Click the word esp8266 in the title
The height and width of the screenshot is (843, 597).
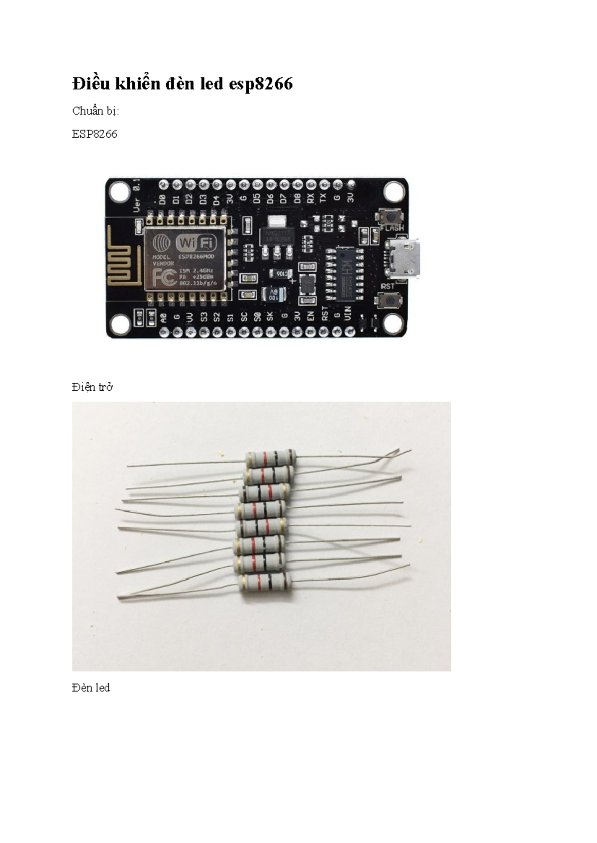[261, 84]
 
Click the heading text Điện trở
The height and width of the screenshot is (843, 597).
[92, 387]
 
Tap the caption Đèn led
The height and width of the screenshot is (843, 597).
[91, 687]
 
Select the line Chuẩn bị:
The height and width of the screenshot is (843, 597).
[96, 111]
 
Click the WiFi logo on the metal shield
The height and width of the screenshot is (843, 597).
[197, 243]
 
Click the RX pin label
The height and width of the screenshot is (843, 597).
[310, 199]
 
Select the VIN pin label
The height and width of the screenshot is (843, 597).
[348, 314]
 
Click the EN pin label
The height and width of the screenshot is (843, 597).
[311, 316]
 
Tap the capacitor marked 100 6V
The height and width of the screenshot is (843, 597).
[274, 294]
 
